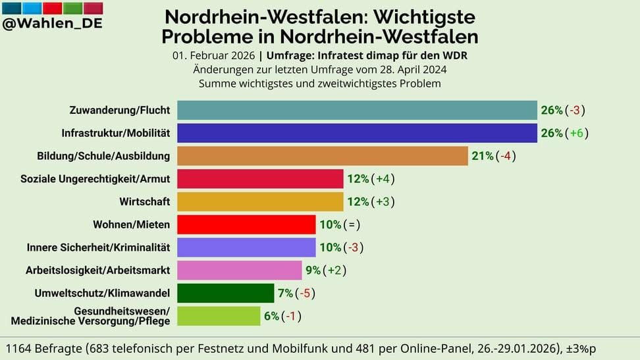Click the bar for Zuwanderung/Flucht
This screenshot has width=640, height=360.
tap(357, 110)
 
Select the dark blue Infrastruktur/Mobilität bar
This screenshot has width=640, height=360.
tap(357, 133)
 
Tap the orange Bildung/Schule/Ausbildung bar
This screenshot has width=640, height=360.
tap(322, 156)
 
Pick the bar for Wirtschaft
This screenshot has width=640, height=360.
tap(260, 201)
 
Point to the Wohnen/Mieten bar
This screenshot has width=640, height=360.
tap(246, 224)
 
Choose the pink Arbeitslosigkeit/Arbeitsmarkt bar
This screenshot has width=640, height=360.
tap(239, 270)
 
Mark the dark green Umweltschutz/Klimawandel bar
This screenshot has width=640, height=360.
tap(225, 293)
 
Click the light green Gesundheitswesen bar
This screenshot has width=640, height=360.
tap(219, 316)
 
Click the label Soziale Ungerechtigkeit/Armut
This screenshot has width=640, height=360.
tap(95, 179)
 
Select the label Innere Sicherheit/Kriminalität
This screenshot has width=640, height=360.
tap(99, 247)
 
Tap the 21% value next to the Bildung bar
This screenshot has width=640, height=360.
tap(483, 156)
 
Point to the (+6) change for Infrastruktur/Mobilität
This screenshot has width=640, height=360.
tap(577, 133)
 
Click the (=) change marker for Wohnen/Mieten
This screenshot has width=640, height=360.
tap(352, 224)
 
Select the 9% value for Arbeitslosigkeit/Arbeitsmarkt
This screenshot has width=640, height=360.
tap(313, 270)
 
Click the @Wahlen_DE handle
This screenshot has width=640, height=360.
tap(46, 23)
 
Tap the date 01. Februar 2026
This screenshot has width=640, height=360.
tap(214, 55)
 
